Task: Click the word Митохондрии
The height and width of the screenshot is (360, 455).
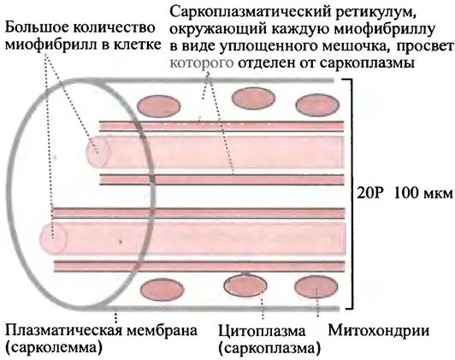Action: (x=378, y=331)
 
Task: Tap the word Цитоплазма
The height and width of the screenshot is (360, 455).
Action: (x=262, y=331)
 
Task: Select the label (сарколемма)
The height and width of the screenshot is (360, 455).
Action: (x=54, y=348)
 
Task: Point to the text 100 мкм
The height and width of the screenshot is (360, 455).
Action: (x=423, y=193)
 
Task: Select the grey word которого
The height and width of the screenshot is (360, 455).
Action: (x=202, y=62)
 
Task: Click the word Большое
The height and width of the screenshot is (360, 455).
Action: (x=37, y=28)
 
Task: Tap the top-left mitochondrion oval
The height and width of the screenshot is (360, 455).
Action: (x=158, y=106)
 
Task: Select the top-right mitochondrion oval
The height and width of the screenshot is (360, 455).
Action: (x=317, y=105)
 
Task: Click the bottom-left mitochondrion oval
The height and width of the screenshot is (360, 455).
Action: (x=162, y=290)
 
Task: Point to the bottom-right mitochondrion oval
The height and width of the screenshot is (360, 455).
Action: (x=316, y=286)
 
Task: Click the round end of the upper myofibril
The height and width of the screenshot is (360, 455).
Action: (x=97, y=150)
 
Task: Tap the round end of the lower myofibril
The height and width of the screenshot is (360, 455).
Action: (x=54, y=238)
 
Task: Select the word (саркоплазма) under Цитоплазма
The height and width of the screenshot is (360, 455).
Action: (x=269, y=348)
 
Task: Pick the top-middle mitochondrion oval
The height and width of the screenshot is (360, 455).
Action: (x=253, y=98)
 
